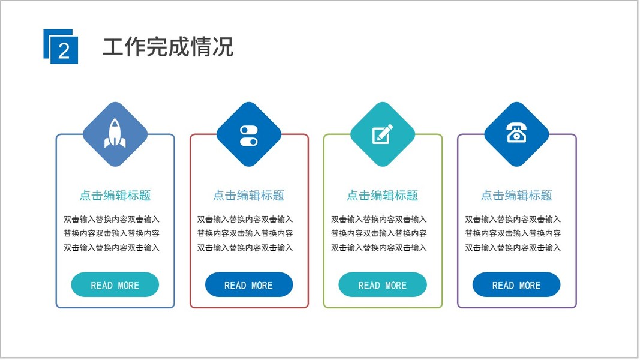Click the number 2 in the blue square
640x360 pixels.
point(64,50)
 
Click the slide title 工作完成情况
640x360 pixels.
point(168,46)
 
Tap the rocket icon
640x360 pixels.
point(115,134)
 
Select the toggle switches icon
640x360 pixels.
point(248,136)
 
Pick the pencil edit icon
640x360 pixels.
point(383,134)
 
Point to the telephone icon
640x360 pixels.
point(516,134)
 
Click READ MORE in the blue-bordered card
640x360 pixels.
point(115,286)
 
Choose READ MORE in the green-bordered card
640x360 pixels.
point(383,286)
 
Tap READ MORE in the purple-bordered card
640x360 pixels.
point(516,286)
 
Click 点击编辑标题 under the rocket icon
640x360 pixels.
point(115,196)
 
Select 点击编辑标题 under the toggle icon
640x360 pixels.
point(248,196)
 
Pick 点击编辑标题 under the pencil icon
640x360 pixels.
point(383,196)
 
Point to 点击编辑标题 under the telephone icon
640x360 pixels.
point(516,196)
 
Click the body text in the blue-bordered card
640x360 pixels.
point(112,233)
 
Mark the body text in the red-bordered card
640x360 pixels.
point(245,233)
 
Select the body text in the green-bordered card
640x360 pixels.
point(379,233)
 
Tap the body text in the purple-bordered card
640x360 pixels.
point(513,233)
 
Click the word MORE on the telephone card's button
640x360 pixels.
point(529,286)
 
